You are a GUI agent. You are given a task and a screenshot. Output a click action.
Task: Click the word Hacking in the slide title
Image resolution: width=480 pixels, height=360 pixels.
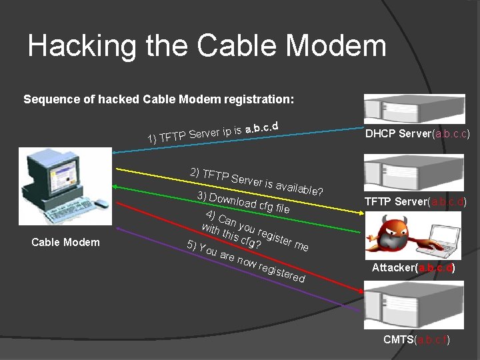pos(78,46)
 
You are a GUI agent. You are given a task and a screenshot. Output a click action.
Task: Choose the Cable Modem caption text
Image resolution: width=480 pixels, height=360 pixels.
pos(65,242)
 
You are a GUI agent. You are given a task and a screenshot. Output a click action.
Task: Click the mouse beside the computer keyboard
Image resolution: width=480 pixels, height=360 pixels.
pos(101,204)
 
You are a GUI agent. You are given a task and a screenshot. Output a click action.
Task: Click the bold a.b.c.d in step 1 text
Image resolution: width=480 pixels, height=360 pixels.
pos(261,126)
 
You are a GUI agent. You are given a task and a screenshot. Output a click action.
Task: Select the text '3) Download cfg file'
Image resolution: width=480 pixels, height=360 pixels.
pos(243,202)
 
